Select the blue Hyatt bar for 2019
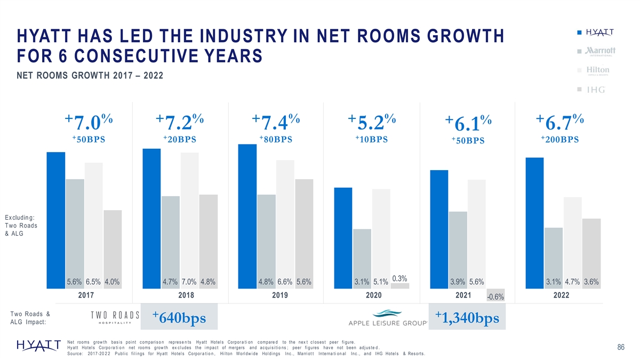(x=247, y=216)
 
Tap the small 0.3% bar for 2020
(x=399, y=286)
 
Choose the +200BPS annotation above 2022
(x=559, y=140)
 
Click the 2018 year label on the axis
(x=186, y=295)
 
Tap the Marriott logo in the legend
(x=601, y=51)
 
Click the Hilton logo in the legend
(x=598, y=70)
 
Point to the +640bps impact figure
(x=179, y=318)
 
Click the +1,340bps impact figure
(x=467, y=318)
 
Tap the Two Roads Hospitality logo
(x=115, y=316)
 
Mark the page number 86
(x=621, y=348)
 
